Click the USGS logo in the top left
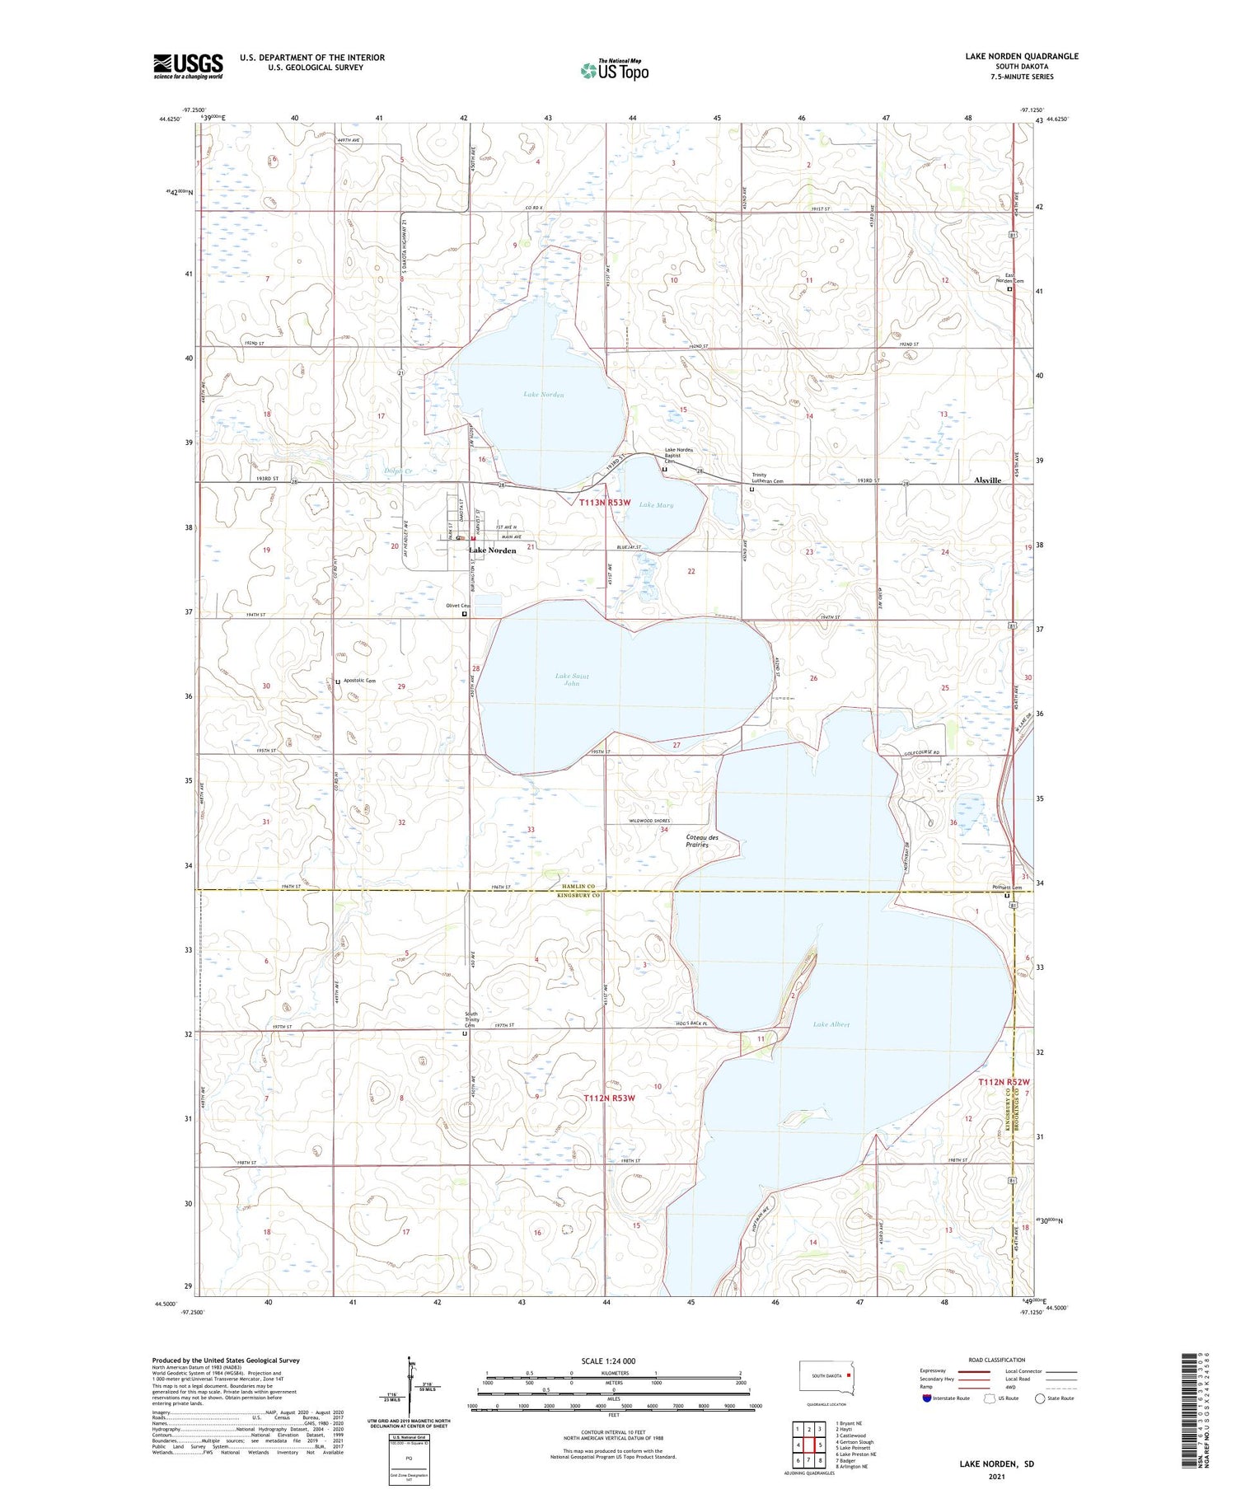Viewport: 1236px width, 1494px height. [188, 66]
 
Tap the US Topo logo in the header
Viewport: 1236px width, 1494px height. [615, 70]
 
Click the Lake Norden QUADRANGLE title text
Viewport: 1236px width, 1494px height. [1021, 56]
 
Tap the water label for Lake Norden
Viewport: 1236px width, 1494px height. [544, 395]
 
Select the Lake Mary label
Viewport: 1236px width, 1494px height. [656, 505]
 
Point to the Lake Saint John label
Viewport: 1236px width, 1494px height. [572, 680]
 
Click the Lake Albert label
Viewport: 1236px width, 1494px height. [831, 1024]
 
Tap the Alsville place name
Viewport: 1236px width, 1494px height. [987, 480]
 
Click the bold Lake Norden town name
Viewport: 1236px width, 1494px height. [492, 550]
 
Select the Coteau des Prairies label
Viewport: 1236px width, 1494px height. [702, 841]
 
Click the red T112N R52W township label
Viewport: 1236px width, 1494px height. [1004, 1082]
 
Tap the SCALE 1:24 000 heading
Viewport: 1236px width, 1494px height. [608, 1361]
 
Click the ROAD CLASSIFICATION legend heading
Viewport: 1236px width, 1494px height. [997, 1360]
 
